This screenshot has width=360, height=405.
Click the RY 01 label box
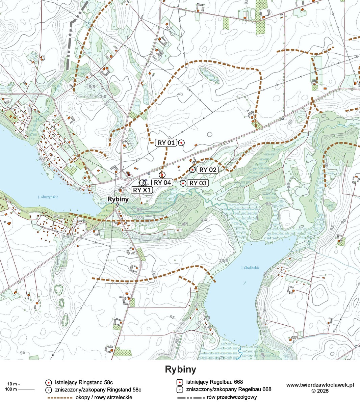click(x=166, y=142)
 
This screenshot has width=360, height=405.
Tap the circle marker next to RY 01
click(x=181, y=143)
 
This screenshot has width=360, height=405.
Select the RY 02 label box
click(x=207, y=169)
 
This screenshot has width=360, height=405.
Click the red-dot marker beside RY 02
click(x=192, y=169)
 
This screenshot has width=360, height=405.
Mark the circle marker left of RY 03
click(x=183, y=183)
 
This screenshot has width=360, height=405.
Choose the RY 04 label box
click(x=163, y=183)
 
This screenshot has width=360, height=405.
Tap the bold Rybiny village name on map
click(x=118, y=199)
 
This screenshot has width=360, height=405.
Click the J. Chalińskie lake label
click(x=250, y=268)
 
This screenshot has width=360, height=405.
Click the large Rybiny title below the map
click(x=180, y=369)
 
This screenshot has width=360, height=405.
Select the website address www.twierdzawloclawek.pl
click(x=320, y=385)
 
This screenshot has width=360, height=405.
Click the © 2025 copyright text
click(x=320, y=391)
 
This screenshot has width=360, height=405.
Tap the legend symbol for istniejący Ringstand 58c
click(x=48, y=383)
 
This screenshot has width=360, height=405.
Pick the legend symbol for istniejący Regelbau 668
click(x=180, y=382)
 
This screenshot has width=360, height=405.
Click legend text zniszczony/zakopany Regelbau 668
click(x=229, y=389)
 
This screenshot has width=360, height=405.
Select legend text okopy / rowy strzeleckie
click(x=104, y=397)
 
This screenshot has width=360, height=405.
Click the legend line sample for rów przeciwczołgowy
click(x=191, y=397)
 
